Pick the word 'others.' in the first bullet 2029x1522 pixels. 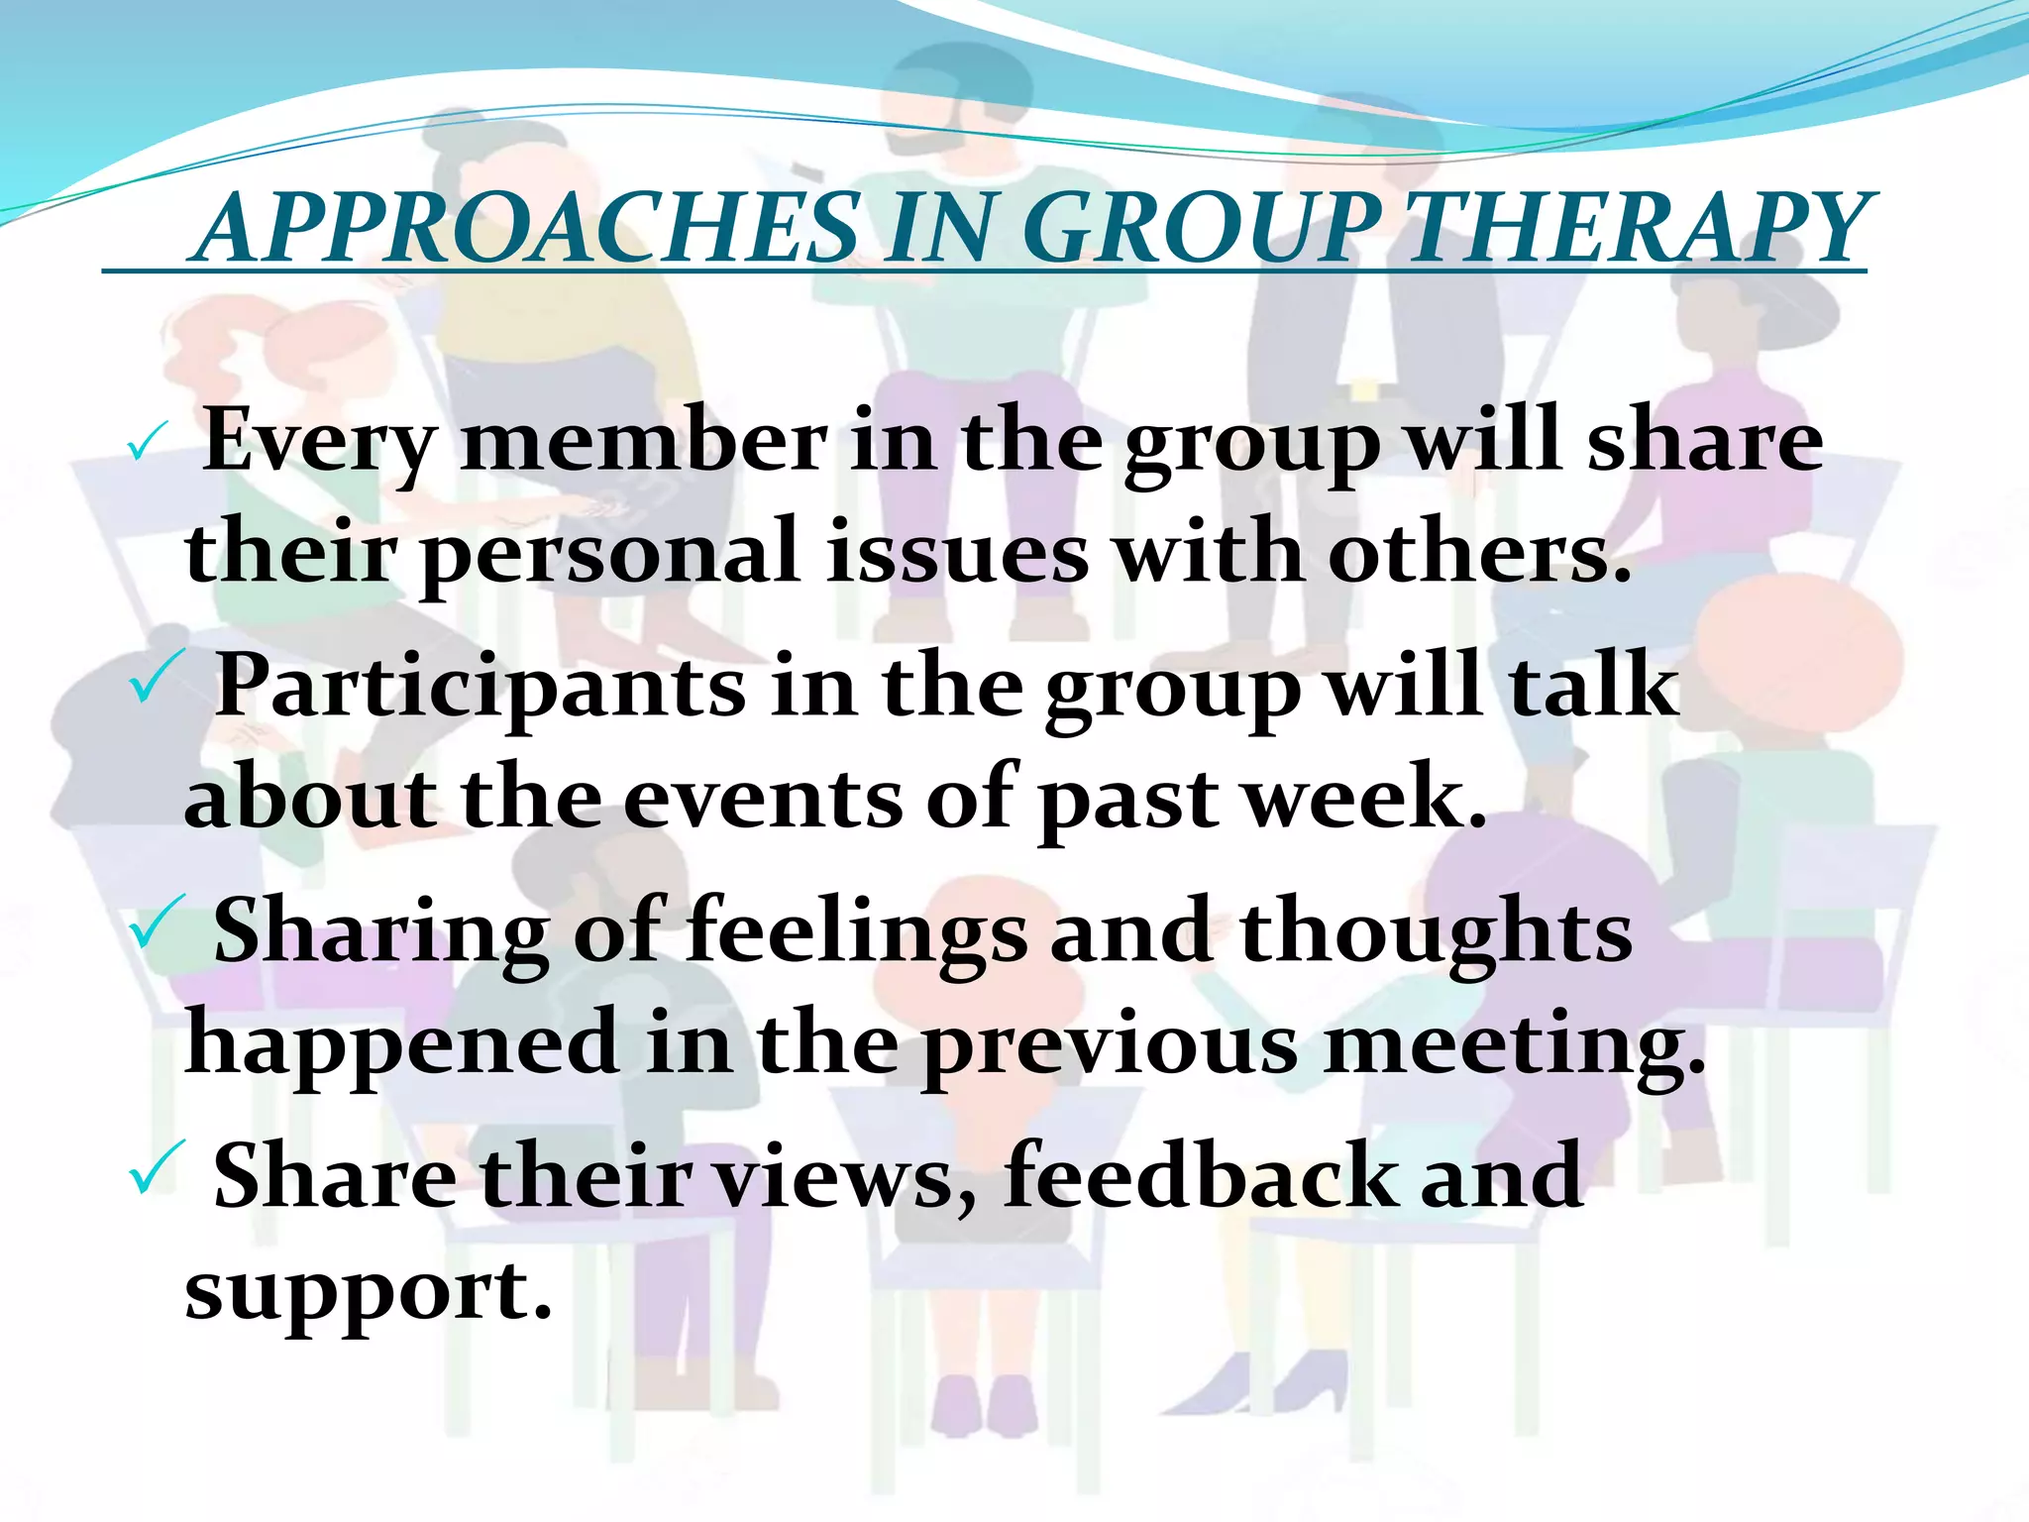pos(1478,553)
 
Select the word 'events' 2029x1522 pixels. pos(763,798)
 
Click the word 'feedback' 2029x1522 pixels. pos(1201,1176)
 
